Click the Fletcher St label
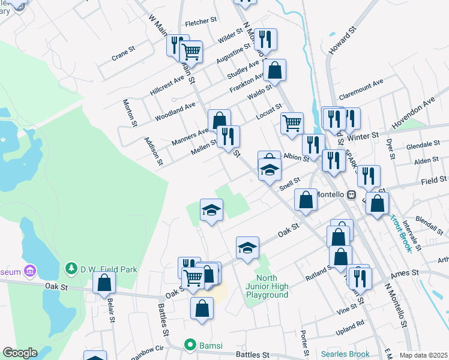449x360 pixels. click(x=200, y=21)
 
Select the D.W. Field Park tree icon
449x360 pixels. click(x=71, y=267)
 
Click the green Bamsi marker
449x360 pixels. click(x=190, y=344)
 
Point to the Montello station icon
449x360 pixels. click(x=352, y=195)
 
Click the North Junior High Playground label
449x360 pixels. click(x=272, y=286)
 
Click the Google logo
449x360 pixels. click(x=20, y=353)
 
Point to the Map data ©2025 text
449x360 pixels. click(x=423, y=355)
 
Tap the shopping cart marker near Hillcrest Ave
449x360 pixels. click(x=191, y=51)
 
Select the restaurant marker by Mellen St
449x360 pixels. click(x=228, y=136)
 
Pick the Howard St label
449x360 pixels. click(x=343, y=40)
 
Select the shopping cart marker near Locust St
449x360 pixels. click(x=292, y=123)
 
